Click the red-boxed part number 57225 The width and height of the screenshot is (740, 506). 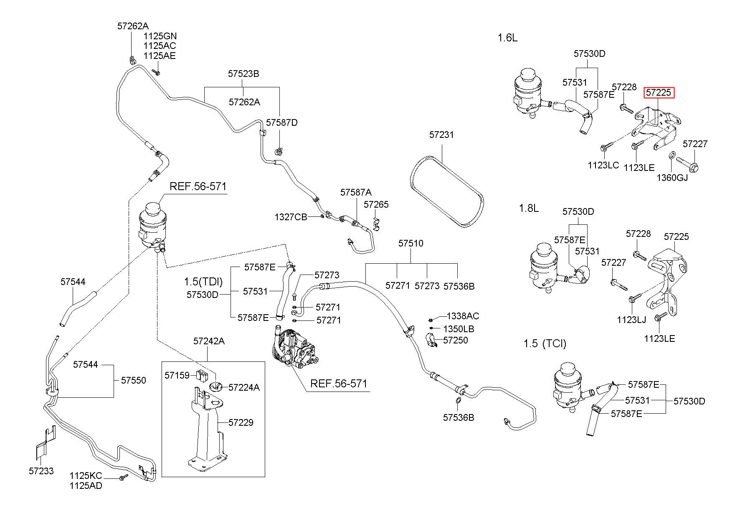click(659, 92)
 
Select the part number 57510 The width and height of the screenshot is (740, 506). click(411, 243)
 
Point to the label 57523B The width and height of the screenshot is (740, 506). click(243, 74)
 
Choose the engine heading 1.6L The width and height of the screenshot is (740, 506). click(507, 38)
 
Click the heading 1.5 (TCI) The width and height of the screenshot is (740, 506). click(545, 344)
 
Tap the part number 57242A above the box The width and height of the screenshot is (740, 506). click(209, 341)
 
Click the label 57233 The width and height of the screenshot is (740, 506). click(41, 471)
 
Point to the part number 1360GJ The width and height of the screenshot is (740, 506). click(672, 177)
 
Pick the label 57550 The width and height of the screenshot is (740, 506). click(134, 380)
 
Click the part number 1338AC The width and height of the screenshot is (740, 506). click(463, 316)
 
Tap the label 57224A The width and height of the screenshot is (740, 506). click(244, 387)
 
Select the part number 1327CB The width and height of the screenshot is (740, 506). click(291, 217)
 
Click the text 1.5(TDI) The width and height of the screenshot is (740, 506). click(203, 281)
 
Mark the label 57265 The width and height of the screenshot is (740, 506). click(376, 204)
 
